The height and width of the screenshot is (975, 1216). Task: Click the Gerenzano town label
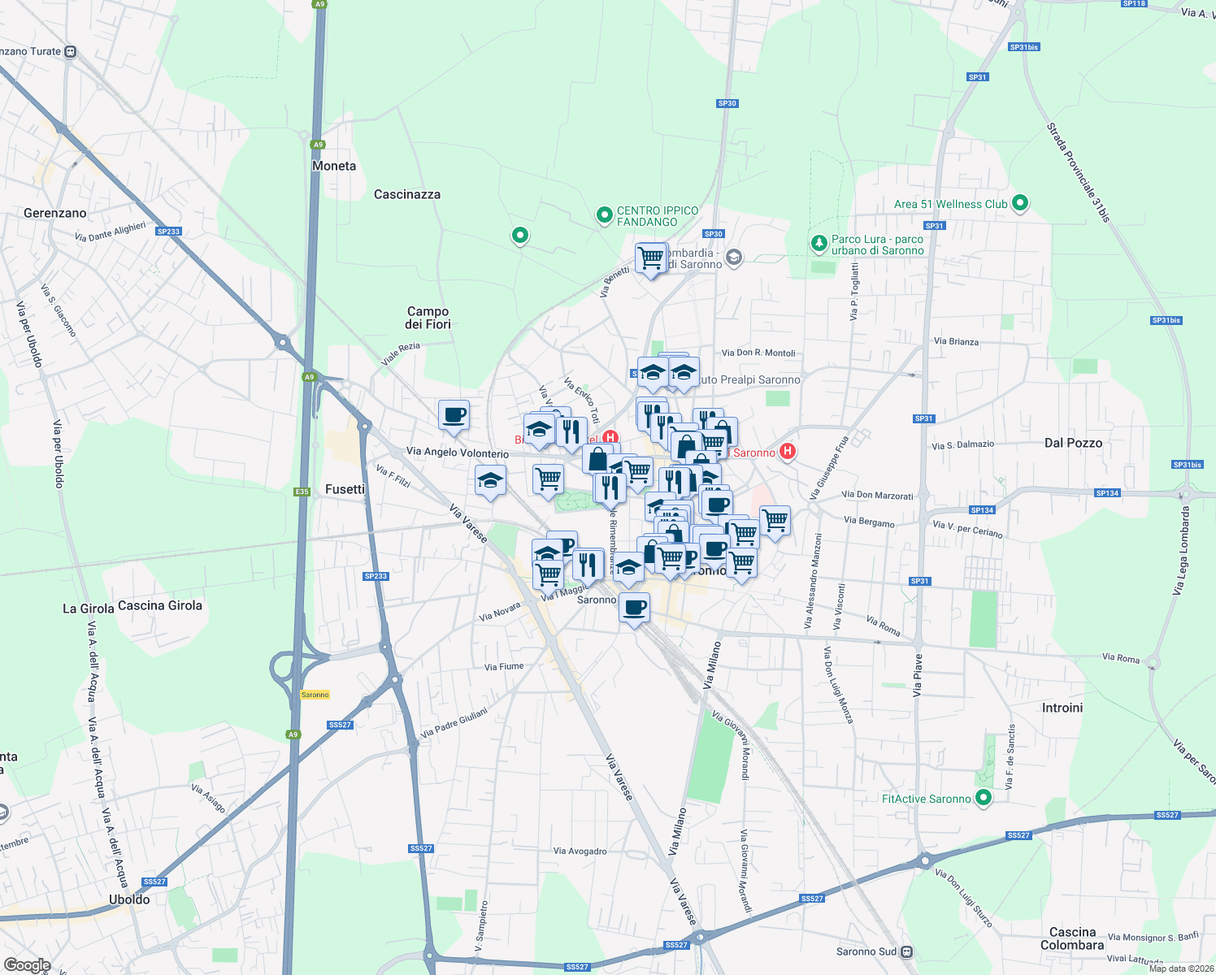[x=54, y=213]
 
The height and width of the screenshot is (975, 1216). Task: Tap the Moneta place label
[x=334, y=166]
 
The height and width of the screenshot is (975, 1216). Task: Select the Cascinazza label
[x=407, y=194]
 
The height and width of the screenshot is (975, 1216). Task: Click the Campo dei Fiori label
[x=428, y=318]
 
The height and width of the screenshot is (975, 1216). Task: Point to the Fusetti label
[x=345, y=489]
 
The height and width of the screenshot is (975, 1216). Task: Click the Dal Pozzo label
[x=1073, y=443]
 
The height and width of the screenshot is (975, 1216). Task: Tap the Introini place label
[x=1062, y=708]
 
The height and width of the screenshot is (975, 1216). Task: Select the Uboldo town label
[x=129, y=899]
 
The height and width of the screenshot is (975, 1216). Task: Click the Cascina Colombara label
[x=1072, y=938]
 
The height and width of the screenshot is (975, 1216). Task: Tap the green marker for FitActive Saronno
[x=984, y=798]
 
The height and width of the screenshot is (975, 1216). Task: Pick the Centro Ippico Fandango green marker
[x=604, y=215]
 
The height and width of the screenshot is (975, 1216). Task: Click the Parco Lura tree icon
[x=819, y=243]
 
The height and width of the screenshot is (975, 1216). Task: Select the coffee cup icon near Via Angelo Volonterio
[x=454, y=415]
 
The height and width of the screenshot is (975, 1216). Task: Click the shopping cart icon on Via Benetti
[x=650, y=258]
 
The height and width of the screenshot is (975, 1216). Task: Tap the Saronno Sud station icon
[x=907, y=951]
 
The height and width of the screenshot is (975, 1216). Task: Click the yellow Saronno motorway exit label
[x=315, y=695]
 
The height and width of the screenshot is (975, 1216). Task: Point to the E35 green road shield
[x=302, y=492]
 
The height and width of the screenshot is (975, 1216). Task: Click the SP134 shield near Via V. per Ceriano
[x=982, y=510]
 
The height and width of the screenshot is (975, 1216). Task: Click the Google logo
[x=27, y=965]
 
